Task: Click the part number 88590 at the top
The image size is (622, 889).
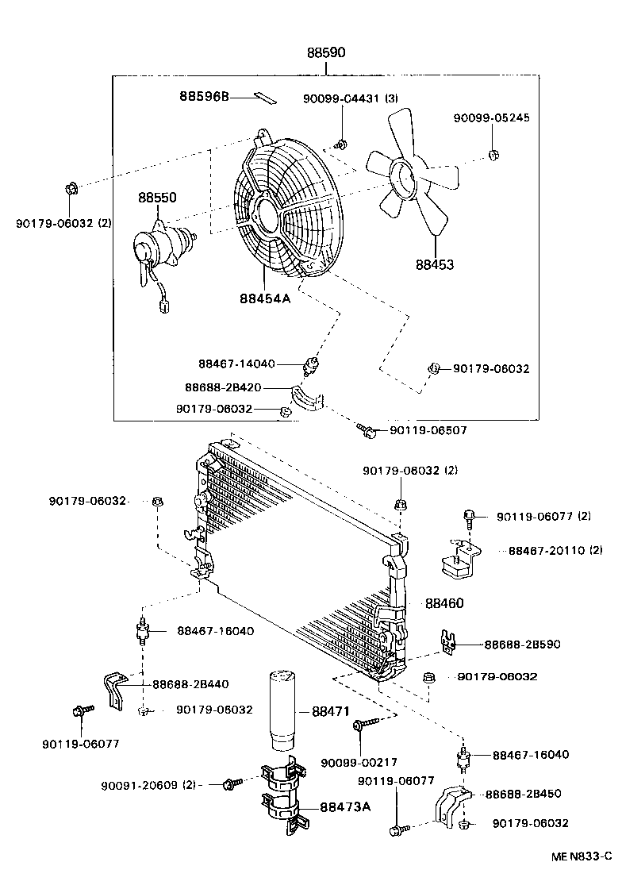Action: coord(327,54)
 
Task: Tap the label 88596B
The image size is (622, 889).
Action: coord(204,97)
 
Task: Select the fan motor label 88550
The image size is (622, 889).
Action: coord(157,198)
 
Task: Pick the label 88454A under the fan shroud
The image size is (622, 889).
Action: coord(264,299)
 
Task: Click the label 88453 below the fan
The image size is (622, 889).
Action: coord(434,264)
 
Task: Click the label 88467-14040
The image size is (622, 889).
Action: coord(236,364)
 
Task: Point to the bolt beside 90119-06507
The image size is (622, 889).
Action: coord(367,430)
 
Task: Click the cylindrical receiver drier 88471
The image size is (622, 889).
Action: coord(283,711)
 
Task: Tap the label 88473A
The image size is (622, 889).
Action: coord(346,807)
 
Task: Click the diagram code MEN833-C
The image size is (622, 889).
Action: coord(582,856)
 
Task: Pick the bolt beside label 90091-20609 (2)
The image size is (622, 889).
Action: coord(231,784)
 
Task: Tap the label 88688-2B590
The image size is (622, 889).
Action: coord(522,645)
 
